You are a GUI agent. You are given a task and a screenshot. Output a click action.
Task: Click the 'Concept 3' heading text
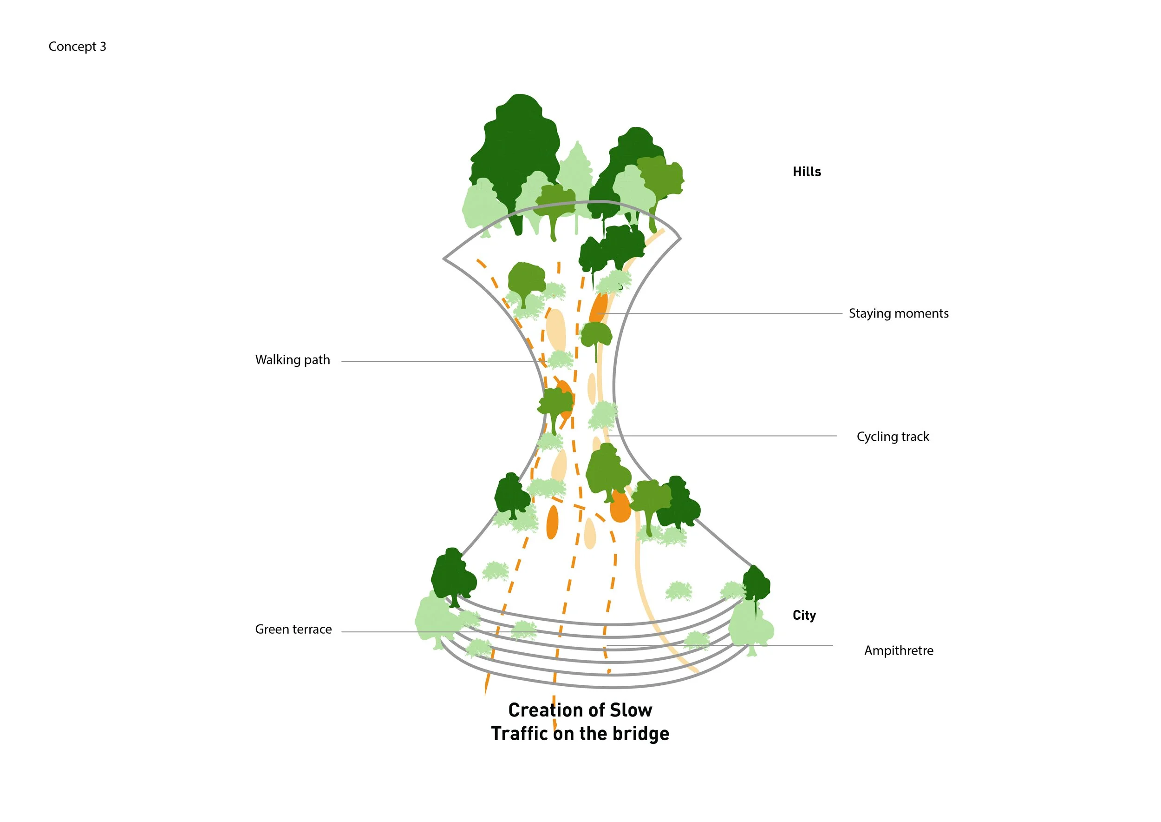[x=77, y=46]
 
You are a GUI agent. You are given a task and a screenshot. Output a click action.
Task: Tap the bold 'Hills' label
[x=807, y=172]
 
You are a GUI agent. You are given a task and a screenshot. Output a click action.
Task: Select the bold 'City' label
[x=804, y=616]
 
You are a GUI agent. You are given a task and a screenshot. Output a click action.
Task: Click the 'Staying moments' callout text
[x=899, y=314]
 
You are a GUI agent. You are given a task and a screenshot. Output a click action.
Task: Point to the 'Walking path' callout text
[x=292, y=360]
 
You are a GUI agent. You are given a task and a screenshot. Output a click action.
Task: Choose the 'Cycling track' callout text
[x=893, y=437]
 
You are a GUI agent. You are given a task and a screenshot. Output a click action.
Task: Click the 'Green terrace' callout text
[x=294, y=629]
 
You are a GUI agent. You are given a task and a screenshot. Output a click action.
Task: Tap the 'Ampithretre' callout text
[x=899, y=651]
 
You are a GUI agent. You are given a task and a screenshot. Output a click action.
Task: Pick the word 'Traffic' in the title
[x=519, y=734]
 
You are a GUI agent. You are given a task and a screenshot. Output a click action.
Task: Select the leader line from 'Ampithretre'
[x=799, y=645]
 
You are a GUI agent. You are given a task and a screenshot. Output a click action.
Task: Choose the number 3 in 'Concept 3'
[x=103, y=46]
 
